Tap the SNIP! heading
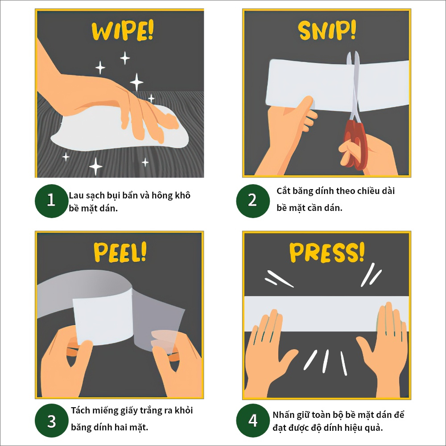327,30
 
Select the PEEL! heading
120,252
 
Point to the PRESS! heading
327,252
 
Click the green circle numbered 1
51,201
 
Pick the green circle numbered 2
253,201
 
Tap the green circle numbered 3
51,421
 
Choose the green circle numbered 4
253,421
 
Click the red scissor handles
355,145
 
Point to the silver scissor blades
354,85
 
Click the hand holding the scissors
370,155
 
